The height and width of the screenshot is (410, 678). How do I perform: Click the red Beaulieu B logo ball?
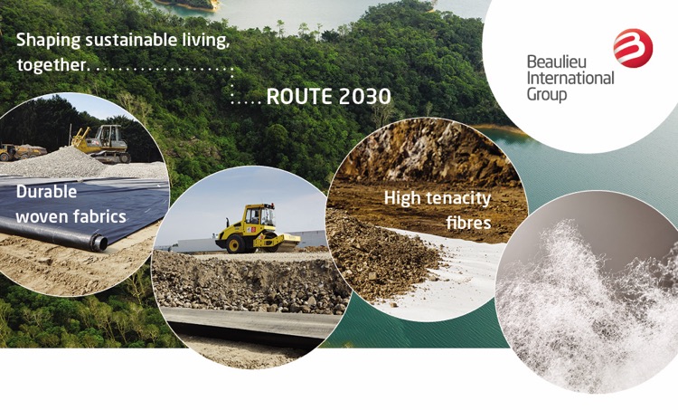[633, 48]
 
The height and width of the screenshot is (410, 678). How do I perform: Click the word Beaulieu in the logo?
[557, 62]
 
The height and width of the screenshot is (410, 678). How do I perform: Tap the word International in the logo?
[570, 79]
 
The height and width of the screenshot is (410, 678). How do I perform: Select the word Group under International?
[547, 95]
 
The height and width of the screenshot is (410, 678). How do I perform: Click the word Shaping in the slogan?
[48, 41]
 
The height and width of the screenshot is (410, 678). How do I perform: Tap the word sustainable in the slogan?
[131, 40]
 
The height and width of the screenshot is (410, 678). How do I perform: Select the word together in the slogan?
[52, 65]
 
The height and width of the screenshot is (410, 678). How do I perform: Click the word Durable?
[46, 191]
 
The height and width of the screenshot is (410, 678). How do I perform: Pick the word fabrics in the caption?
[99, 216]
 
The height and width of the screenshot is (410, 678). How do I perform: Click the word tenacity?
[458, 199]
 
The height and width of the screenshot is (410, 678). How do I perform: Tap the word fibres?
[468, 223]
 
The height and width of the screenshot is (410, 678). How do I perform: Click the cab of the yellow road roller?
[259, 216]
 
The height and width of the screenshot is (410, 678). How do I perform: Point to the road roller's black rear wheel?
[235, 244]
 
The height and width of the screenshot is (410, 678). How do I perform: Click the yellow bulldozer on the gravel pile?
[102, 142]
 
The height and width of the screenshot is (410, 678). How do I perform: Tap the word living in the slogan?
[205, 41]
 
